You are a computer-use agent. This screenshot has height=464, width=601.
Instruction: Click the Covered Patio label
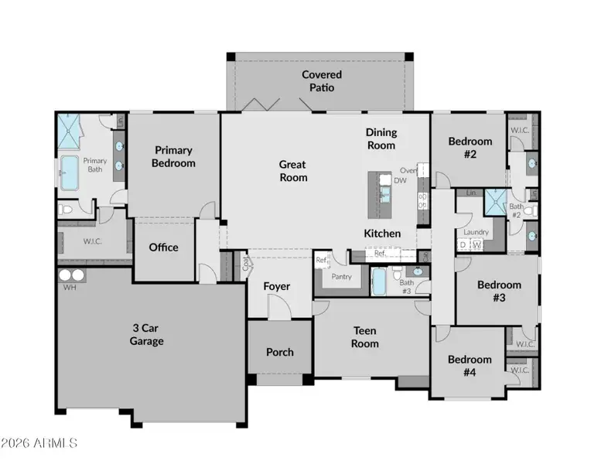click(x=322, y=81)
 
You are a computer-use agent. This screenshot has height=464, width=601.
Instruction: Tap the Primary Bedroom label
click(x=173, y=156)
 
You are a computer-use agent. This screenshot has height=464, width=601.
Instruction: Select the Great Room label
click(x=292, y=171)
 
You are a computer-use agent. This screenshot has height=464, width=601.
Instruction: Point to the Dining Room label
click(x=381, y=138)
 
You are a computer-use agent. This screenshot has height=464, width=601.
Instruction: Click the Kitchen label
click(x=382, y=233)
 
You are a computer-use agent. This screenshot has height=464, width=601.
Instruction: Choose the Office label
click(x=163, y=247)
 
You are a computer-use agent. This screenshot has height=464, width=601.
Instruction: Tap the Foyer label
click(x=277, y=286)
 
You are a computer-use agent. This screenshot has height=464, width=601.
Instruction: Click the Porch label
click(x=280, y=352)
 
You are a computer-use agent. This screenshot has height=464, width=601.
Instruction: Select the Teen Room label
click(x=365, y=337)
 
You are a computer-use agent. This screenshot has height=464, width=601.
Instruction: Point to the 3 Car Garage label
click(x=147, y=334)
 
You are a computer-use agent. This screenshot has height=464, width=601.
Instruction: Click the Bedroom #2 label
click(x=470, y=148)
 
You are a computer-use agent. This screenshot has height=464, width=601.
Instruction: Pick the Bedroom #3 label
click(x=499, y=291)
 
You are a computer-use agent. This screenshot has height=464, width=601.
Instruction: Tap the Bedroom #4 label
click(x=470, y=365)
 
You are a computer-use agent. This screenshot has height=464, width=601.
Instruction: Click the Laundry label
click(x=475, y=232)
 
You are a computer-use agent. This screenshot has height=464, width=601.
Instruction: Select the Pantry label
click(x=341, y=276)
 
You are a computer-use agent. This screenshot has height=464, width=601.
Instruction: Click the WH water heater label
click(x=69, y=288)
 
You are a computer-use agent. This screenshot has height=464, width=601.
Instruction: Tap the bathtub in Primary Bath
click(x=71, y=172)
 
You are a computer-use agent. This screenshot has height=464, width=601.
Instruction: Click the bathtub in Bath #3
click(x=379, y=281)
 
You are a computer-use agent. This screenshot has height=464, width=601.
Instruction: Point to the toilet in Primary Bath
click(x=66, y=209)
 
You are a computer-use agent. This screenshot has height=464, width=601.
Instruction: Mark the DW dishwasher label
click(x=400, y=180)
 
